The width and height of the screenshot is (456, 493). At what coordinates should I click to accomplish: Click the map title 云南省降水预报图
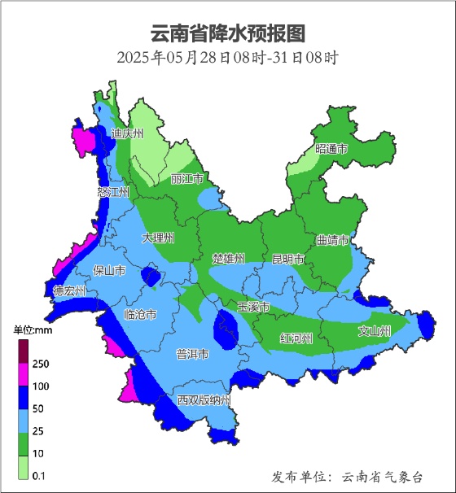click(x=228, y=33)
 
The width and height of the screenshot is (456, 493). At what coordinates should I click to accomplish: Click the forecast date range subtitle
click(x=227, y=58)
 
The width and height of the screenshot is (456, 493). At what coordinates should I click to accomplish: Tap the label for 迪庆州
click(x=128, y=133)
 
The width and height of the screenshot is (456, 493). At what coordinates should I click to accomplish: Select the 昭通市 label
click(x=331, y=150)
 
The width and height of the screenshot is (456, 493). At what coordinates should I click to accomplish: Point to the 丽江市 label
click(x=187, y=179)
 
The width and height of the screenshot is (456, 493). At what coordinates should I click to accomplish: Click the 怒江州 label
click(x=113, y=193)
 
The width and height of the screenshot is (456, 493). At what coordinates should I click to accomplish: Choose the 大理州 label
click(x=158, y=238)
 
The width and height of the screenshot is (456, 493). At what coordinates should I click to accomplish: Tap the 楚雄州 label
click(x=228, y=259)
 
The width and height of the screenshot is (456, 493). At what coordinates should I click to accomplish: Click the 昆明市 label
click(x=287, y=260)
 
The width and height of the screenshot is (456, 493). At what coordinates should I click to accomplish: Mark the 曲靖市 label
click(x=333, y=241)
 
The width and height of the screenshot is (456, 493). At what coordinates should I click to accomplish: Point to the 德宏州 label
click(x=69, y=290)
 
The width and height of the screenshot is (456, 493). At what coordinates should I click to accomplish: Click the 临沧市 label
click(x=140, y=314)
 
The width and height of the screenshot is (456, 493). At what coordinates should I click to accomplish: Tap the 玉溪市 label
click(x=253, y=307)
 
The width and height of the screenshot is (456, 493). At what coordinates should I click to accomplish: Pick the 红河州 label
click(x=296, y=338)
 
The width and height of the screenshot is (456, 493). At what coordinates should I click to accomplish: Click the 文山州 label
click(x=375, y=331)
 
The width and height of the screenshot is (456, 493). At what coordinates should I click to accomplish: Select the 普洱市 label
click(x=192, y=355)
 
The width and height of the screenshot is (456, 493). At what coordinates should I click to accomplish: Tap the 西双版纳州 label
click(x=204, y=401)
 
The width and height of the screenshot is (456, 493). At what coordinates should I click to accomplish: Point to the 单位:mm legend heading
click(x=33, y=330)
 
